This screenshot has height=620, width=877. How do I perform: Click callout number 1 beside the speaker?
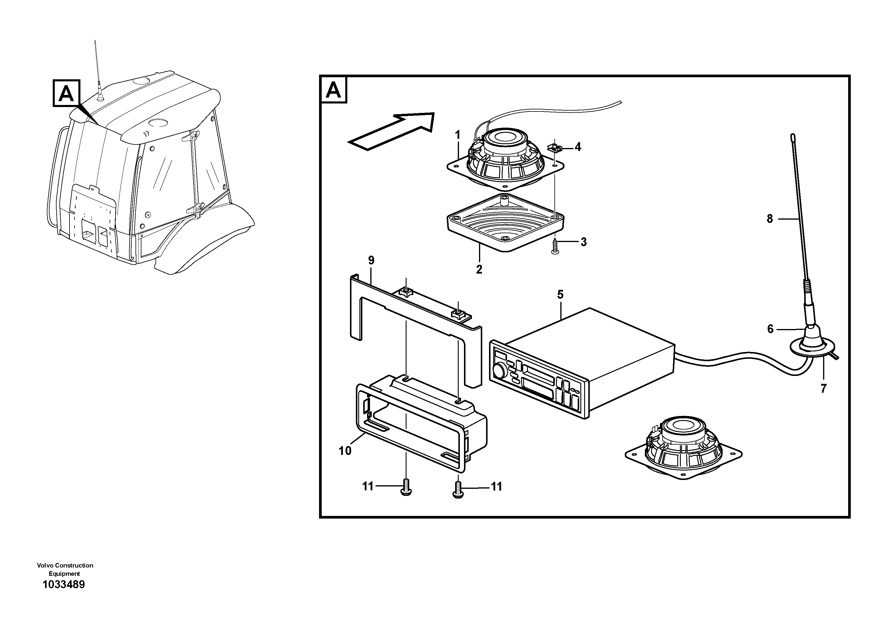tap(457, 135)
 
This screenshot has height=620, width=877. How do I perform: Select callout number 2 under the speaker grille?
tap(479, 269)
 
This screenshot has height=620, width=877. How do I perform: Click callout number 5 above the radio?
tap(560, 295)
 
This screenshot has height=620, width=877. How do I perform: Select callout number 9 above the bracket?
tap(371, 261)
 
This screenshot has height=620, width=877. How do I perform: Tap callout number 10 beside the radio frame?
tap(345, 451)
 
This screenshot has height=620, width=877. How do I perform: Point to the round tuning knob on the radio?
tap(499, 370)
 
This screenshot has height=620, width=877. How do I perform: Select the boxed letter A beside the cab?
tap(66, 93)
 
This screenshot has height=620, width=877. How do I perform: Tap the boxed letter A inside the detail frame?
tap(333, 90)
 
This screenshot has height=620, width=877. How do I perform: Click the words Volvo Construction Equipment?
tap(65, 569)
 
